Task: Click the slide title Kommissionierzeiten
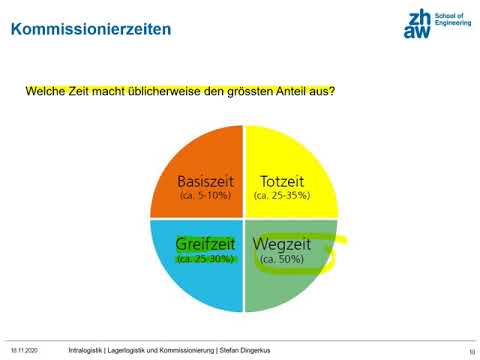pyautogui.click(x=90, y=29)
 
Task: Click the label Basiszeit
pyautogui.click(x=206, y=181)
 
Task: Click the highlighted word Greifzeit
pyautogui.click(x=206, y=244)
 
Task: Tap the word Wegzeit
pyautogui.click(x=282, y=244)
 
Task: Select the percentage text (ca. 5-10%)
pyautogui.click(x=206, y=196)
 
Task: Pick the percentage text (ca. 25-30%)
pyautogui.click(x=206, y=259)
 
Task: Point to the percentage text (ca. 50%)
pyautogui.click(x=282, y=259)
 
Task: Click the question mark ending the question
pyautogui.click(x=332, y=91)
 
